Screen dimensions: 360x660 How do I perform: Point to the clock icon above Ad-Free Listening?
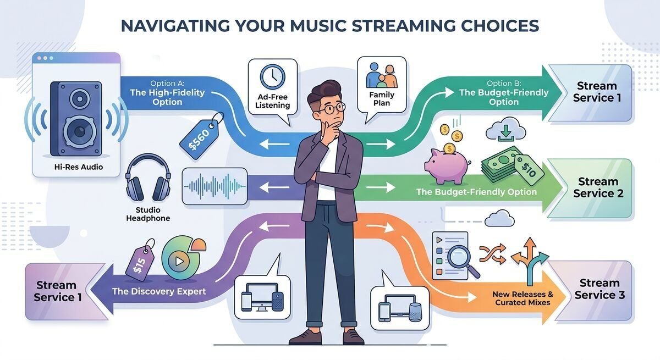click(x=272, y=76)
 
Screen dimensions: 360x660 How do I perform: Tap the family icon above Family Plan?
click(x=381, y=76)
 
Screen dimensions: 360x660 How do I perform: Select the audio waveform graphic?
click(x=215, y=186)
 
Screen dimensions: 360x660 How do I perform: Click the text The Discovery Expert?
click(x=159, y=291)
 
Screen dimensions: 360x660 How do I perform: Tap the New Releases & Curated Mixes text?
click(x=522, y=298)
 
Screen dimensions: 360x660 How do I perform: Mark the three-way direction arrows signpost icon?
click(x=530, y=256)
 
